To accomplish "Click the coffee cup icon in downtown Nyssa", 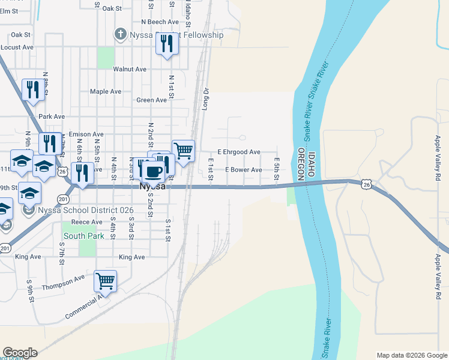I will [x=153, y=172].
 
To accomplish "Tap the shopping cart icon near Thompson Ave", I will [x=106, y=280].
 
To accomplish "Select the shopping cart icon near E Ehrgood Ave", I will [x=183, y=150].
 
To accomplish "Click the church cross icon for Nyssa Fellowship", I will [x=120, y=35].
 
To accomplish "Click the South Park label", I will [x=84, y=236].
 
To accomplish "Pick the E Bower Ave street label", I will [x=243, y=170].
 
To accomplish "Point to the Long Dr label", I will [x=206, y=99].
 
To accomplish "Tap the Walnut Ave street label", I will [x=130, y=70].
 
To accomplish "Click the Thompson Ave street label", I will [x=64, y=280].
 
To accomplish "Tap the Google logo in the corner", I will [x=20, y=353].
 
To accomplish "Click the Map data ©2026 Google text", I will [x=411, y=355].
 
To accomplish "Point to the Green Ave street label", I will [x=151, y=100].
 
